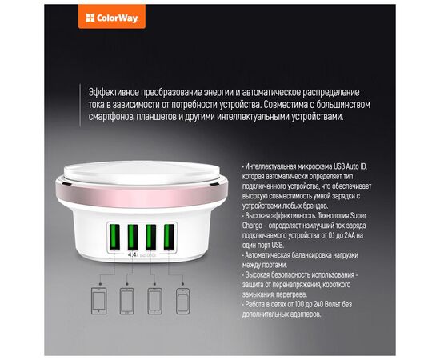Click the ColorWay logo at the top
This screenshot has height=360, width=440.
point(112,17)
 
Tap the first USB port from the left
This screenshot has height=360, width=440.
point(114,237)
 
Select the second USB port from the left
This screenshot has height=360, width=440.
point(133,237)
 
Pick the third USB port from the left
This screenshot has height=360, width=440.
point(150,237)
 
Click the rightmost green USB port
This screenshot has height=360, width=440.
point(169,237)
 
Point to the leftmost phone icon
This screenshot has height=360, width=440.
point(98,301)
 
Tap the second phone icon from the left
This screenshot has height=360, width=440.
point(127,301)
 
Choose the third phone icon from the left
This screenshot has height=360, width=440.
point(155,301)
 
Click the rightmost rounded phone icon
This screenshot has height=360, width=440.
point(182,301)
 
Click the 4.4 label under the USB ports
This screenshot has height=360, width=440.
point(132,254)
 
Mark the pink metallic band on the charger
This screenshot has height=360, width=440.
point(142,194)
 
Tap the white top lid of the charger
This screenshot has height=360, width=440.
point(142,173)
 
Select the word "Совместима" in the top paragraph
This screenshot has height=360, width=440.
point(288,104)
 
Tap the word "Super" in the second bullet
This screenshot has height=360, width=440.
point(358,216)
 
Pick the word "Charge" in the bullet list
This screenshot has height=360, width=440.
point(252,226)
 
